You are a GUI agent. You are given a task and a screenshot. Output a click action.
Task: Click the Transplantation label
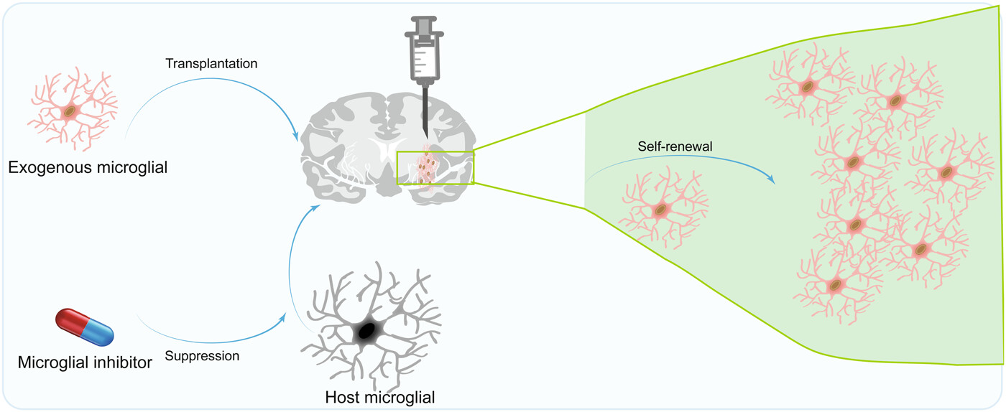click(x=211, y=64)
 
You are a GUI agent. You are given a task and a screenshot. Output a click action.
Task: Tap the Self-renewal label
click(x=670, y=146)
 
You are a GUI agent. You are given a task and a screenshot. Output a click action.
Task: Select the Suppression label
click(x=202, y=355)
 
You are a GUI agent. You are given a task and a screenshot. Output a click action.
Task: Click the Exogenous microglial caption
click(x=87, y=168)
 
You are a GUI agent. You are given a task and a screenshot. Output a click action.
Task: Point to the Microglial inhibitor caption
click(x=85, y=362)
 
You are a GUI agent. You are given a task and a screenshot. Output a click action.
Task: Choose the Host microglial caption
click(x=380, y=397)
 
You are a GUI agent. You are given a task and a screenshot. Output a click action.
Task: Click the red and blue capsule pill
click(x=85, y=326)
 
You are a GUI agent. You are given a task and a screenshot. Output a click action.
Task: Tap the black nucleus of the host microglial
click(x=367, y=331)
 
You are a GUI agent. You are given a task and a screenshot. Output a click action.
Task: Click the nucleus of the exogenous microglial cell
click(x=69, y=111)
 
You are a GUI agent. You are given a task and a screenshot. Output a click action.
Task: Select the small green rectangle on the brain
click(x=435, y=168)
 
